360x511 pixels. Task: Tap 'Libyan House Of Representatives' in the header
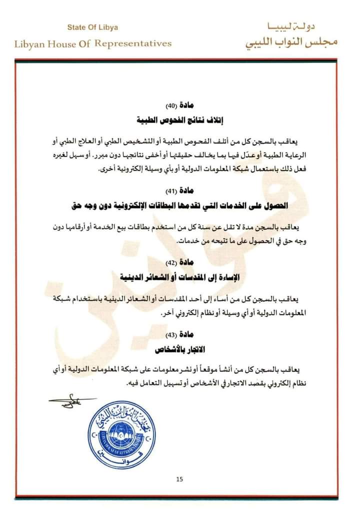pos(93,43)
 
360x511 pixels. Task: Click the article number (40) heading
pos(179,105)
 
